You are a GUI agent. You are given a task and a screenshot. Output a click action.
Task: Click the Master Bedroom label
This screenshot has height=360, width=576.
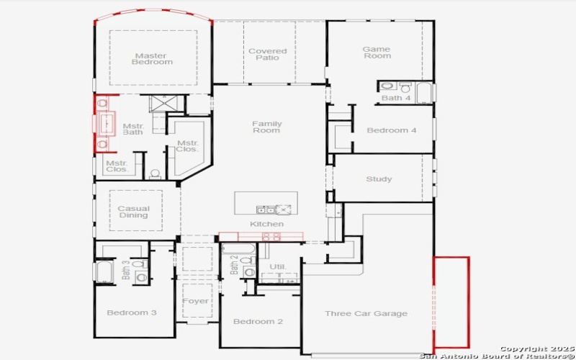coord(152,58)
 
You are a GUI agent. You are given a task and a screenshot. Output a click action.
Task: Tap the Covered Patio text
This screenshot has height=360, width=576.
coord(267,54)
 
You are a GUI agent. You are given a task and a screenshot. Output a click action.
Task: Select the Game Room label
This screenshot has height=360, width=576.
coord(376,52)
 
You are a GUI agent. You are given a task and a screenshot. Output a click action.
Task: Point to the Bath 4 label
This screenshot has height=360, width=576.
coord(396,98)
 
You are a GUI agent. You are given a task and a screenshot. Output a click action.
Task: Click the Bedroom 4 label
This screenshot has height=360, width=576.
coord(392,130)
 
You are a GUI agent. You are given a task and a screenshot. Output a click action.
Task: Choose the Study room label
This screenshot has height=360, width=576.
coord(379,179)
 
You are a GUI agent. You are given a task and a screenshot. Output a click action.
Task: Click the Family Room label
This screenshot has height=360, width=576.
coord(266,127)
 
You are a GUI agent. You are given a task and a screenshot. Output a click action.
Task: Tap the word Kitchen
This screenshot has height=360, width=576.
coord(266,224)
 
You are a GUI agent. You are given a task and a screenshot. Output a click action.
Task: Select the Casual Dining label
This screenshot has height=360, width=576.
coord(133,212)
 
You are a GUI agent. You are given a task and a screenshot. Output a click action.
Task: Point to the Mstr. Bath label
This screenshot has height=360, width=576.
coord(133,128)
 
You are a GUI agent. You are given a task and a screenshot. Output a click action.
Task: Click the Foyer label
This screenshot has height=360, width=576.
coord(195,301)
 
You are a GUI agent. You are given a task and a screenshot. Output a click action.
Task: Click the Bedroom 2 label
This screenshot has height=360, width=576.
coord(258,321)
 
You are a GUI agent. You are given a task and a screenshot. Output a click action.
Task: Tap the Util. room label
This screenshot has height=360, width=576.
coord(278,267)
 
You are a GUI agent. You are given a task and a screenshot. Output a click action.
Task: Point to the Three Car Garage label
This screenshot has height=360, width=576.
coord(366,313)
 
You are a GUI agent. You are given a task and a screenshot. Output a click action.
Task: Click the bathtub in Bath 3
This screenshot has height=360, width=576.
coord(102,272)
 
